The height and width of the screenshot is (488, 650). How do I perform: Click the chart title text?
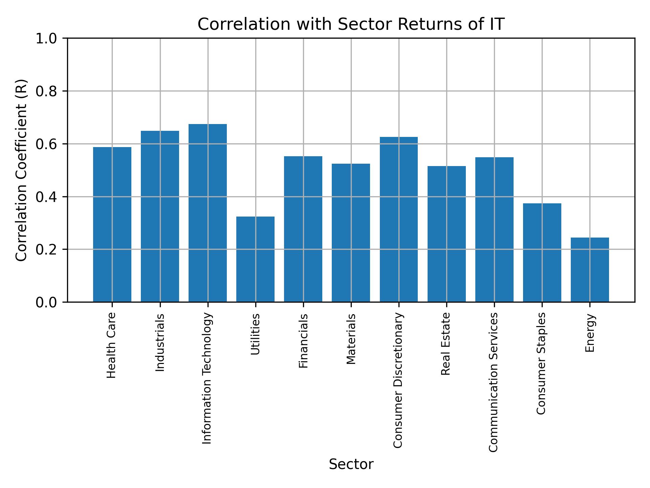click(x=351, y=24)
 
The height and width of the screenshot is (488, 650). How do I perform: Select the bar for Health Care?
click(x=112, y=224)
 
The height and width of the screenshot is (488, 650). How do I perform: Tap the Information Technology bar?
click(x=208, y=213)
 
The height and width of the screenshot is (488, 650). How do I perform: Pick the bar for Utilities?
click(x=255, y=259)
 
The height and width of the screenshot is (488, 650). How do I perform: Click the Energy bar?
click(x=590, y=270)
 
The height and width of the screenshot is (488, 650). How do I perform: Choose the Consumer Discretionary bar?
click(x=398, y=219)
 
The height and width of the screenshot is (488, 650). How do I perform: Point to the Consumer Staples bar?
click(x=542, y=252)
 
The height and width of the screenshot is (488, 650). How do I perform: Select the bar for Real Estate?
click(x=447, y=234)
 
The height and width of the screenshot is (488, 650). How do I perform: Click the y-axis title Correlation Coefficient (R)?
click(x=21, y=170)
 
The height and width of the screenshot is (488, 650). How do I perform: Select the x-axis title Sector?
click(x=351, y=464)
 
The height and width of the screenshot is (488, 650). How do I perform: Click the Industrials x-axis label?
click(x=160, y=342)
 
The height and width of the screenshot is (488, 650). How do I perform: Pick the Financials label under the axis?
click(x=303, y=341)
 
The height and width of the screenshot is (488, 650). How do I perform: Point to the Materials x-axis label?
click(x=351, y=339)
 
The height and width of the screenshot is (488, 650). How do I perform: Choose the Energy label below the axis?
click(x=590, y=333)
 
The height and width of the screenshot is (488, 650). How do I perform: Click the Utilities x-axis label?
click(x=256, y=334)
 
